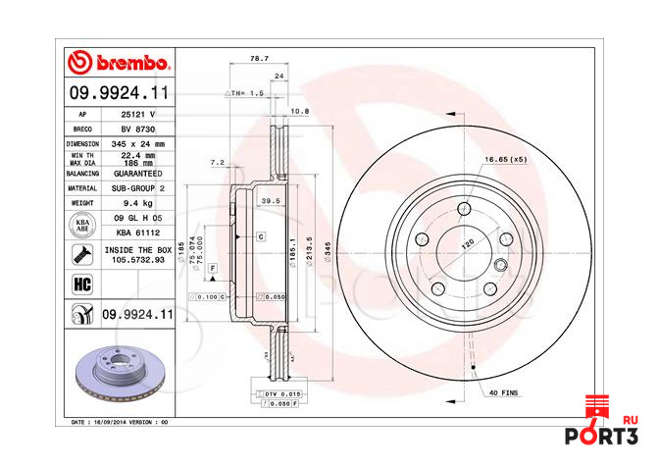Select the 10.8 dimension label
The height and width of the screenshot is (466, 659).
coord(300,111)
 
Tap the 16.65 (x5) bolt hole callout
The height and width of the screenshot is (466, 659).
coord(505,159)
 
